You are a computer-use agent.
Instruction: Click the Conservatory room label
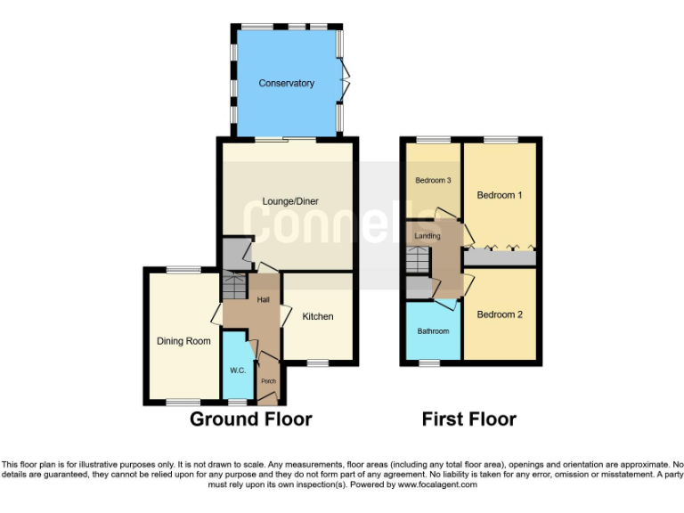click(286, 84)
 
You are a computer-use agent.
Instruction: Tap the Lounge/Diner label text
click(286, 201)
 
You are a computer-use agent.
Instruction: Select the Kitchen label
click(317, 316)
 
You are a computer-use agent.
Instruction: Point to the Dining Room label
click(183, 341)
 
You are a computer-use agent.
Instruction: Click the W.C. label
click(237, 370)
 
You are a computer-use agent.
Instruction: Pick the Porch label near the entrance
click(268, 381)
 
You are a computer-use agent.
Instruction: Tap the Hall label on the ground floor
click(264, 300)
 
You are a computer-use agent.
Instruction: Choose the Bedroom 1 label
click(499, 195)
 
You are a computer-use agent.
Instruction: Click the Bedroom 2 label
click(499, 314)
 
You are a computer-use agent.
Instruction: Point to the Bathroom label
click(434, 331)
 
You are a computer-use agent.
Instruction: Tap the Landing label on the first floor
click(427, 235)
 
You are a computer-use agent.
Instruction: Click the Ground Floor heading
click(250, 419)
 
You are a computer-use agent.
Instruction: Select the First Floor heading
click(468, 419)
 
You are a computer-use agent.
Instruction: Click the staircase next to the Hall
click(233, 287)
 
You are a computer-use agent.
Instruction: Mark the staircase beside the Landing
click(418, 261)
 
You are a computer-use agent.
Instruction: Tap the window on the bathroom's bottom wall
click(430, 362)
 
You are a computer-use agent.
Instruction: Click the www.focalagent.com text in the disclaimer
click(437, 485)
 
